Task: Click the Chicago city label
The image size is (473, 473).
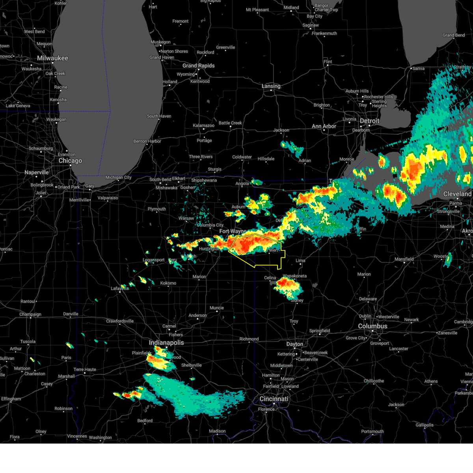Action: (x=70, y=161)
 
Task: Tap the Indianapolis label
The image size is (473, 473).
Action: (x=166, y=343)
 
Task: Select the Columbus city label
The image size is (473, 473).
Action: (x=372, y=326)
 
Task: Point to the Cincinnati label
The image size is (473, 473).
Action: (x=274, y=399)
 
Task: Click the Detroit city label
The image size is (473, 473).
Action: (x=369, y=121)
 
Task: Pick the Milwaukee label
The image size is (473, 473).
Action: (x=52, y=58)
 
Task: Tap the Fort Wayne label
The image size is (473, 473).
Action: (x=233, y=231)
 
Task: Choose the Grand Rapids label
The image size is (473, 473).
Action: (x=198, y=66)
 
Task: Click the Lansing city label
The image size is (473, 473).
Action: (x=271, y=86)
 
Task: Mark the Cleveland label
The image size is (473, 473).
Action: (x=457, y=194)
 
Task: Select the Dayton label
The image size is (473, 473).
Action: (x=294, y=344)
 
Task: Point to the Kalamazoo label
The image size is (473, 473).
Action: (x=203, y=126)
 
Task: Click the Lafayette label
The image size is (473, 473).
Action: (x=119, y=289)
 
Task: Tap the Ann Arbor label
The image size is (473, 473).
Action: (x=324, y=127)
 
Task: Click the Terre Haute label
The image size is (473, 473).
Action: (x=85, y=370)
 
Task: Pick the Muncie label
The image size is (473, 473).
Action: (x=217, y=308)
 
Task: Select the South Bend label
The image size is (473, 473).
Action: (x=160, y=180)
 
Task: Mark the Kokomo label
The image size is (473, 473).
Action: (x=168, y=283)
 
